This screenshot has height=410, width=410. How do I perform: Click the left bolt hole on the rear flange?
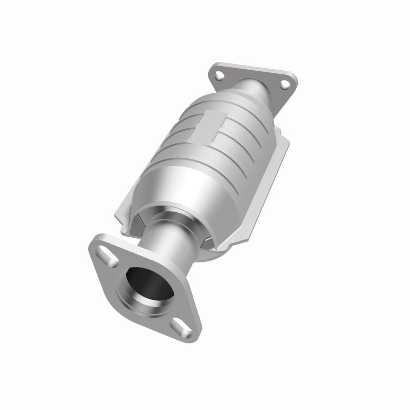220,75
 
